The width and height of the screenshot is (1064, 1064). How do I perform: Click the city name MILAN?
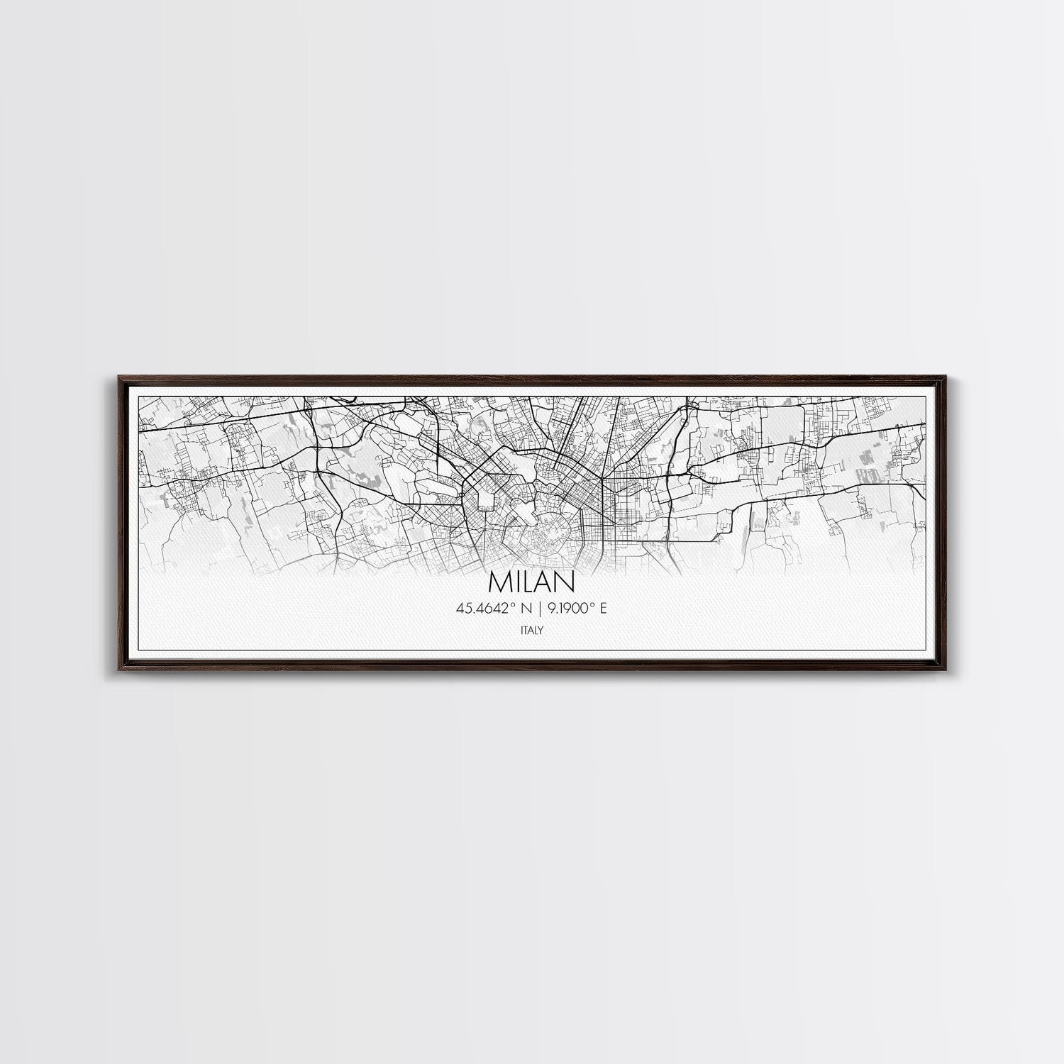[531, 581]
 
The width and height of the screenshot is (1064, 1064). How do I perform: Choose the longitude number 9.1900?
[560, 609]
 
